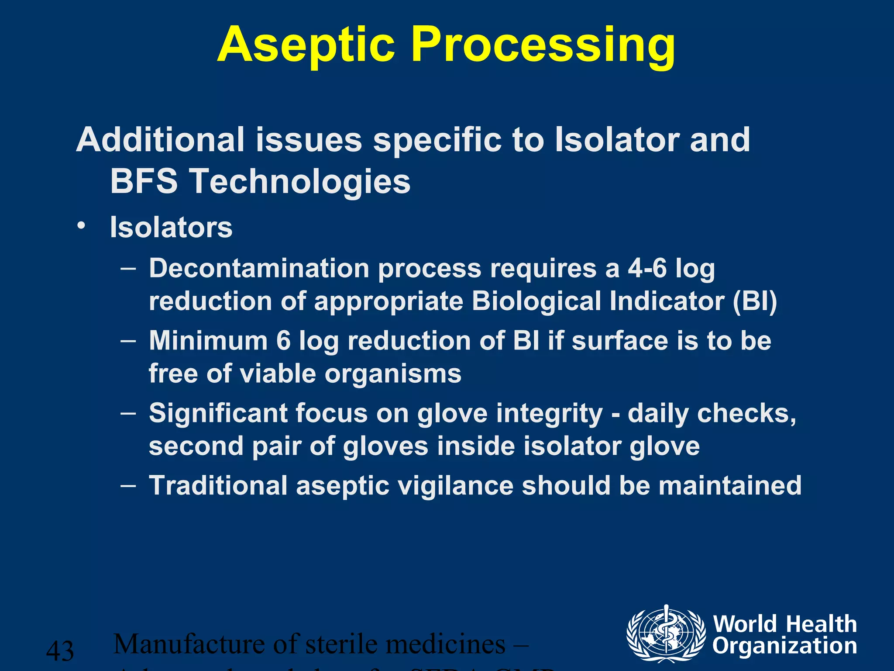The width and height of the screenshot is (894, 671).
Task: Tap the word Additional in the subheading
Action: click(160, 140)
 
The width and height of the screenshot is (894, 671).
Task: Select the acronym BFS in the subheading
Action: click(144, 181)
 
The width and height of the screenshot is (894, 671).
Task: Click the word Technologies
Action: click(301, 181)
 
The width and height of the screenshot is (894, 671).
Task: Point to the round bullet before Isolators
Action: click(81, 226)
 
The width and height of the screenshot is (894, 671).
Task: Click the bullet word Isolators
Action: click(171, 228)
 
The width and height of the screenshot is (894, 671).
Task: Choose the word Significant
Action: click(218, 413)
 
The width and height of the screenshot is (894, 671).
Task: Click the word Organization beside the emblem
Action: click(784, 646)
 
